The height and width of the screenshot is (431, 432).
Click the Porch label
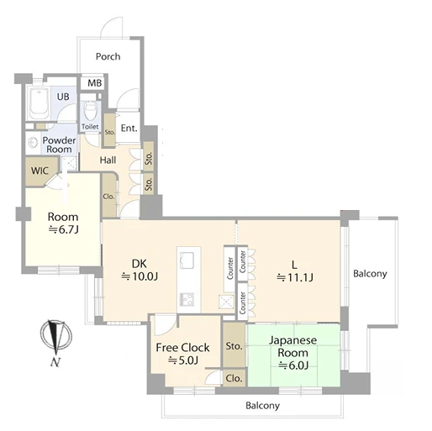coord(108,56)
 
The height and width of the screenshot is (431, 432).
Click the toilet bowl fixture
coord(90,110)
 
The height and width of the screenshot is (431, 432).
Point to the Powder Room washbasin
coord(33,143)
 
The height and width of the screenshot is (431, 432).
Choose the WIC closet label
coord(40,171)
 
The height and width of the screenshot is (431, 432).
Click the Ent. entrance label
coord(129,129)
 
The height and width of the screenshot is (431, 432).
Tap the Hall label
coord(108,160)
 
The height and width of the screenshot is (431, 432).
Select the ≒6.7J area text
coord(63,229)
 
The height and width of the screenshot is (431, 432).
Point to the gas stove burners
coord(187,299)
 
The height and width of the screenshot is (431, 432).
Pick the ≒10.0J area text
coord(140,276)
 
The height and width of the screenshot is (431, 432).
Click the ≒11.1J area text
coord(295,277)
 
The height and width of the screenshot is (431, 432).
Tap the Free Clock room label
coord(182,348)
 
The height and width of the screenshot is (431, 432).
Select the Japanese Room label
coord(293,346)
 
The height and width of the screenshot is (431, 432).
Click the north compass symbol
coord(56,338)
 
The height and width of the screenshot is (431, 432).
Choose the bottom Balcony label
coord(262,406)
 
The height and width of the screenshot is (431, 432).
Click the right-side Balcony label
coord(370,274)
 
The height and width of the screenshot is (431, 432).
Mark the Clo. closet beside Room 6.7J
coord(109,196)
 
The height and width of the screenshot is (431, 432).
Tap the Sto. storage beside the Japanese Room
coord(234,346)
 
